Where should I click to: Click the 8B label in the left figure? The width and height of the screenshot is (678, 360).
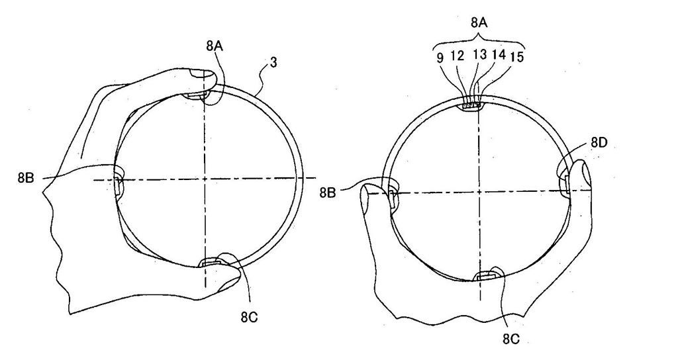pos(26,177)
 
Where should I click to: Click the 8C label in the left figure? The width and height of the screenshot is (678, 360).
pos(250,317)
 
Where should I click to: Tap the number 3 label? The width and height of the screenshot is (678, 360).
pos(273,63)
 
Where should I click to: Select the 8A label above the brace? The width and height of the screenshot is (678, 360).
pos(479,23)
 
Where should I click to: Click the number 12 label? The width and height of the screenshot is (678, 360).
pos(457,56)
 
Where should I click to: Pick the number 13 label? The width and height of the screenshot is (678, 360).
pos(480,54)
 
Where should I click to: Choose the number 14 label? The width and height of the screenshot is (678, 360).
pos(499,54)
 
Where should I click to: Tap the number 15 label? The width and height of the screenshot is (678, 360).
pos(516,57)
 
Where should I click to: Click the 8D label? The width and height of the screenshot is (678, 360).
pos(599,143)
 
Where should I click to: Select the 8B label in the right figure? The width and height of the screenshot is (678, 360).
pos(327,193)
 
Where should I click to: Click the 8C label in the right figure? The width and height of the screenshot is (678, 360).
pos(511,339)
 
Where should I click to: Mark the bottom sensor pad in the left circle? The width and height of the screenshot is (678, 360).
pos(209,262)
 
